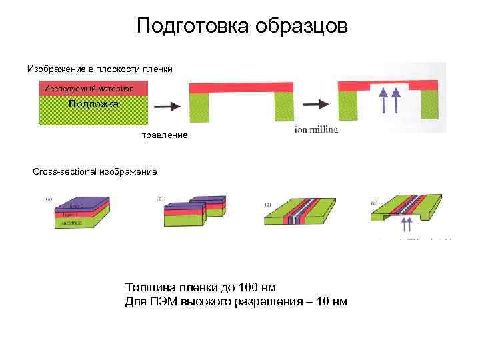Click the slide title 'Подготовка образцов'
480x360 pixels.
click(242, 27)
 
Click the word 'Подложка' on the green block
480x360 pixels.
click(93, 104)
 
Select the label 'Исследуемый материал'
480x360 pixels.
click(89, 89)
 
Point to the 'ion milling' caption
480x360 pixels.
click(316, 129)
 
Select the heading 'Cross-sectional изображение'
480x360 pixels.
click(95, 172)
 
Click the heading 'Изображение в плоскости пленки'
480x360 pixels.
click(100, 69)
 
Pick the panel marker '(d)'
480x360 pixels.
click(375, 203)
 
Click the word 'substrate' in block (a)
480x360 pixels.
click(69, 223)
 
